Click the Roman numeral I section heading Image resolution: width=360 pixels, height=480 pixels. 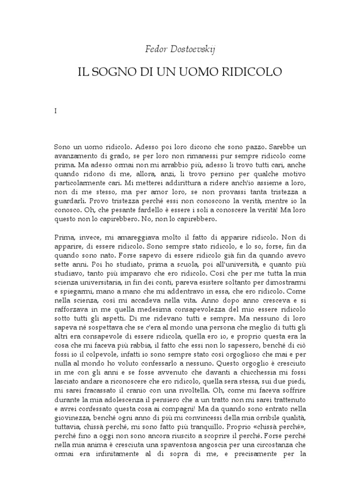pos(55,112)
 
